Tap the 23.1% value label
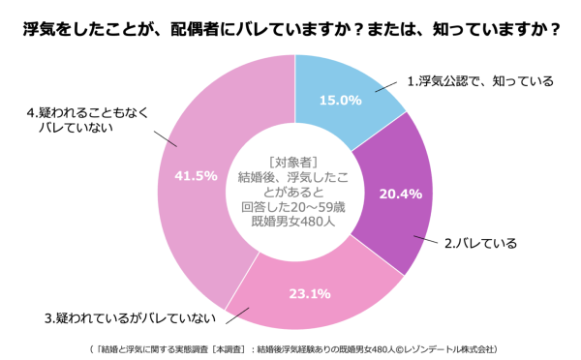[x=310, y=293]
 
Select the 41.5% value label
[x=195, y=175]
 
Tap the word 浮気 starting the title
[x=39, y=30]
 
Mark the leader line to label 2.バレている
[x=428, y=239]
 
